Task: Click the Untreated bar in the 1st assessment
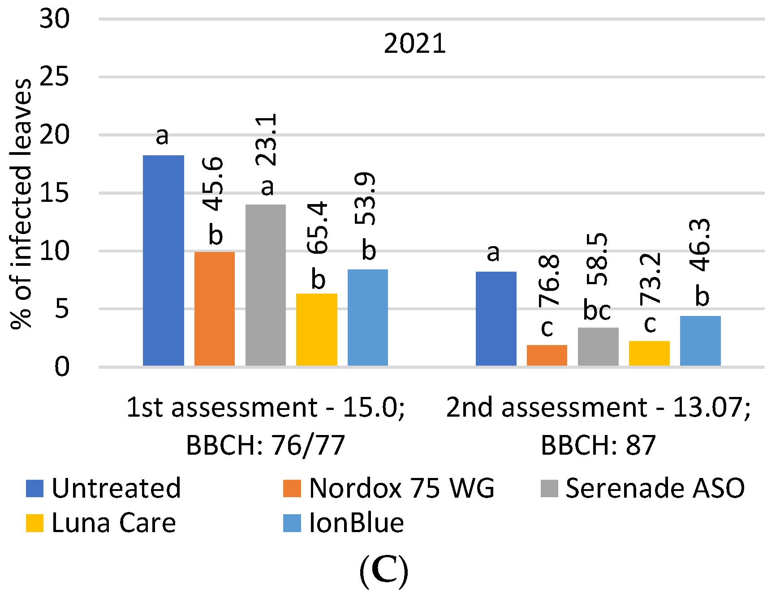click(163, 260)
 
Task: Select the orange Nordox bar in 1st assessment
click(214, 309)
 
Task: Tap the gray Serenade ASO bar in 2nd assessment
click(598, 346)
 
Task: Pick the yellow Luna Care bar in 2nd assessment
click(649, 353)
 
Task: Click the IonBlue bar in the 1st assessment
click(368, 317)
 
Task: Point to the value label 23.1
click(267, 140)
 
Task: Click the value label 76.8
click(549, 281)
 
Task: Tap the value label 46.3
click(700, 245)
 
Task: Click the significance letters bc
click(597, 310)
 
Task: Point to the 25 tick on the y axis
click(54, 77)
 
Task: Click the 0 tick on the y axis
click(62, 367)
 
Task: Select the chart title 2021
click(415, 44)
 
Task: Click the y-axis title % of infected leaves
click(21, 204)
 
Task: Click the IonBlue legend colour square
click(292, 523)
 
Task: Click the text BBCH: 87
click(598, 445)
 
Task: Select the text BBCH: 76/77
click(265, 445)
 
